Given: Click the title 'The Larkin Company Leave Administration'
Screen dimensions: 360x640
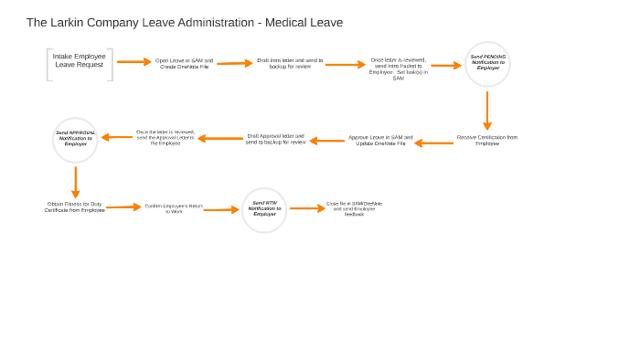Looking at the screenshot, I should tap(184, 23).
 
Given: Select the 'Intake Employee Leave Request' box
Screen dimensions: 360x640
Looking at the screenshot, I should tap(80, 61).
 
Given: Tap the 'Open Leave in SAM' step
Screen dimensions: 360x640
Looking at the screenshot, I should tap(184, 64).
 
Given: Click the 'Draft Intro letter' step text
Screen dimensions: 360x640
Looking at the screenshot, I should tap(289, 64).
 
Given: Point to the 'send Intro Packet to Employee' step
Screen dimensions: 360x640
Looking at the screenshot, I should tap(398, 69).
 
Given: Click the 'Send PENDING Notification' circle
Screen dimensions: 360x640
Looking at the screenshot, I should tap(487, 64).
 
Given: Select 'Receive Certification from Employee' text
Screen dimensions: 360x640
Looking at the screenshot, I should tap(486, 141).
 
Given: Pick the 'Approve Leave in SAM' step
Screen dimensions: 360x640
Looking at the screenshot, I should tap(380, 141).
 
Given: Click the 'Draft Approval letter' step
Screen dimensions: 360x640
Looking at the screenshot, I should tap(275, 139).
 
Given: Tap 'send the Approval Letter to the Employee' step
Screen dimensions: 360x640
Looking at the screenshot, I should tap(165, 137).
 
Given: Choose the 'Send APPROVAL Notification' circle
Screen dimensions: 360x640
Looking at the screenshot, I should tap(75, 140).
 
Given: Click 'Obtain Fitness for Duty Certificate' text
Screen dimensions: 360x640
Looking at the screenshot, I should tap(75, 207).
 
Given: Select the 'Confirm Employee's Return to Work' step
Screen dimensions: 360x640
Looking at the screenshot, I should tap(174, 208).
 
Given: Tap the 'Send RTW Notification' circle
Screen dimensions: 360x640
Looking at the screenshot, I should tap(264, 209).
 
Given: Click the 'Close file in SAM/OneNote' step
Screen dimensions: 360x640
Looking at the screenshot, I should tap(354, 208).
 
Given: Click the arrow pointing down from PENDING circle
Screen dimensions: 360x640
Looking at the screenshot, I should tap(487, 111).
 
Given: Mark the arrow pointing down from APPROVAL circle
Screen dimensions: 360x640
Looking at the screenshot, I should tap(75, 182).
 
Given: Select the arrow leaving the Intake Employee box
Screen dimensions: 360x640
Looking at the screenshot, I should tap(133, 62).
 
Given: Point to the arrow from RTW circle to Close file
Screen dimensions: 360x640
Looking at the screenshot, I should tap(307, 208).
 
